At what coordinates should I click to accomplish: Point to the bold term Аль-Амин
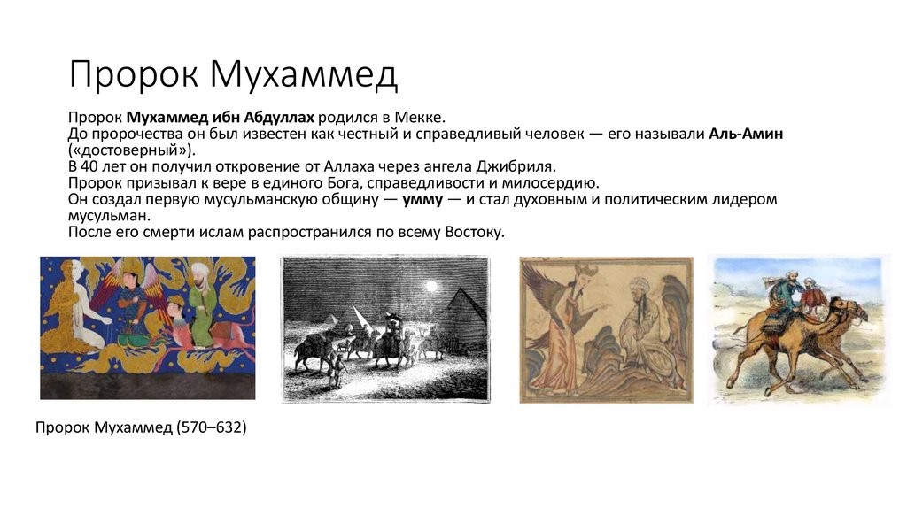(747, 134)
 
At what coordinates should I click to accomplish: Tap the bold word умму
(423, 200)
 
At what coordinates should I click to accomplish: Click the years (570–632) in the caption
(211, 428)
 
